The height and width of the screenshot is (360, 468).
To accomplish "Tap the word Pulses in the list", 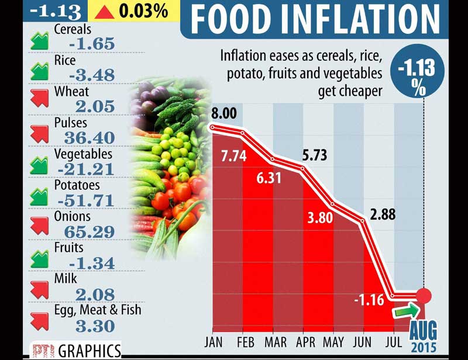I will coord(70,123).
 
